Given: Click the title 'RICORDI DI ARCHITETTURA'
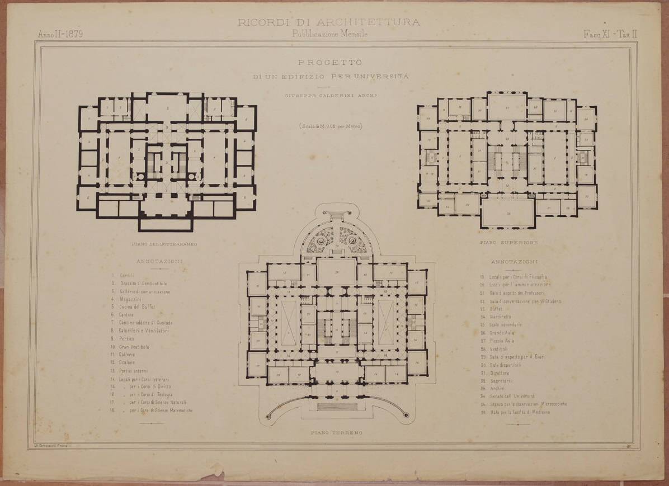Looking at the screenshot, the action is [329, 22].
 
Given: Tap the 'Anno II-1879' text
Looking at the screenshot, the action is [60, 34].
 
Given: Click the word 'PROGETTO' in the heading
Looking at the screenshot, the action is [330, 63].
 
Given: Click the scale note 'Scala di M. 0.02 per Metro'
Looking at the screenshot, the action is [330, 126].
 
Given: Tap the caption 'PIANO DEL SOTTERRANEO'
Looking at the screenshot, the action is [164, 244].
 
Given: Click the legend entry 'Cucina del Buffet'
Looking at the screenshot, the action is [137, 307].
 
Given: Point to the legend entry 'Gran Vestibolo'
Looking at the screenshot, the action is [134, 347].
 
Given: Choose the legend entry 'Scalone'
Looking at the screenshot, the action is [127, 362].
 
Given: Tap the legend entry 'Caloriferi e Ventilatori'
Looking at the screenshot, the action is [143, 331].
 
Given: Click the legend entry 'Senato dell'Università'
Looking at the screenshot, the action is [511, 396].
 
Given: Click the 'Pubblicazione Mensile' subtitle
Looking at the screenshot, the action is [329, 34].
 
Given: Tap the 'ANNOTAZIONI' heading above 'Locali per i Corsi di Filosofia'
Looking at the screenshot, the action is [515, 262].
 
